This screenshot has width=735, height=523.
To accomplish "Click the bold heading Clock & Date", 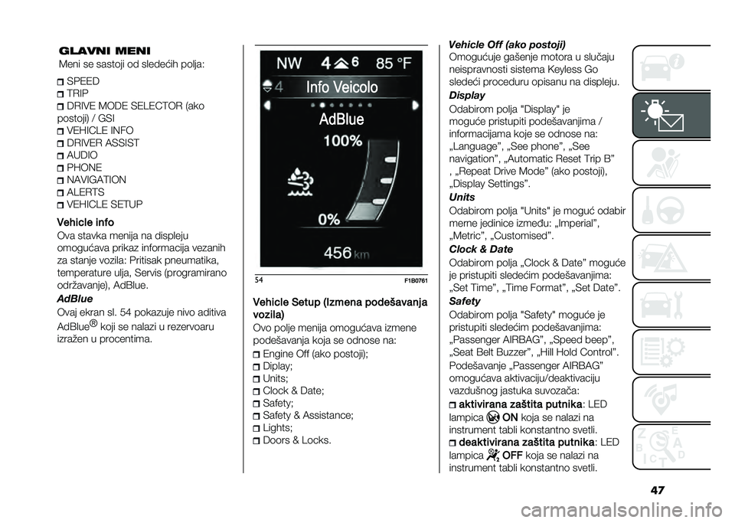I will click(480, 249).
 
